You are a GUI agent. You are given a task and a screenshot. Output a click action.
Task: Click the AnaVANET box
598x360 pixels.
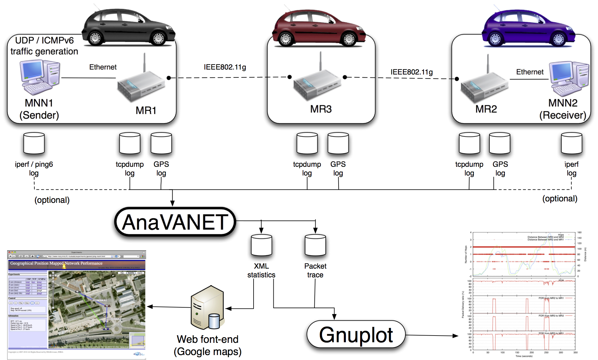[175, 222]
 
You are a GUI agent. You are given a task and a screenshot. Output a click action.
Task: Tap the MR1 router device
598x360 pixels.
[141, 86]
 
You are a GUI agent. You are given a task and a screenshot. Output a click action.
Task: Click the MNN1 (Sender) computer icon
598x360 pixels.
[39, 77]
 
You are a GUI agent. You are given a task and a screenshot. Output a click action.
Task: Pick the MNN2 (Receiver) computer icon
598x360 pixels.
[569, 79]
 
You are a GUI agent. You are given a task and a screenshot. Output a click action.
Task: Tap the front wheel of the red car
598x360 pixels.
[349, 39]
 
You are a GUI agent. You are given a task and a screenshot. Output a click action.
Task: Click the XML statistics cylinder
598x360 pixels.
[261, 245]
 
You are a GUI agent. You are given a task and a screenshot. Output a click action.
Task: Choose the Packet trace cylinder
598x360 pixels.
[315, 245]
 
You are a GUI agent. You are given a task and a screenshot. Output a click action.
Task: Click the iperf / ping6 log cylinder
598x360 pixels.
[34, 143]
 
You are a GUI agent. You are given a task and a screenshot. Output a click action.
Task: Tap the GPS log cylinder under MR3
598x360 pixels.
[338, 143]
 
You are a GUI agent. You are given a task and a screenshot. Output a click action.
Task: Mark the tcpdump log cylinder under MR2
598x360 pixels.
[469, 143]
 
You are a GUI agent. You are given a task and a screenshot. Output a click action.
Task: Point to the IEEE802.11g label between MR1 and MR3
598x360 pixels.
[225, 67]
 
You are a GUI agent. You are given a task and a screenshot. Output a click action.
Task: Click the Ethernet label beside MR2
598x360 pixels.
[530, 72]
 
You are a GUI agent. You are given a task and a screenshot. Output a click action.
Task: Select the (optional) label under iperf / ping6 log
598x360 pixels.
[52, 200]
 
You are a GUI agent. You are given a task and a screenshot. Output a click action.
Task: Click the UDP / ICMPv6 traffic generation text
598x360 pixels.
[44, 46]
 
